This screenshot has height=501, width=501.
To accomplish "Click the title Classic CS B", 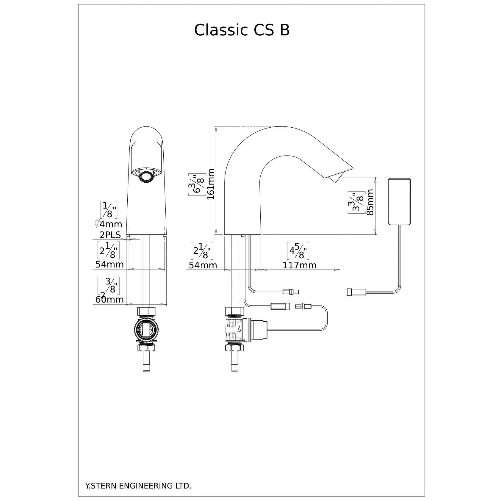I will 242,30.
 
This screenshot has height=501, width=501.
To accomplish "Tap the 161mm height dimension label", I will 211,184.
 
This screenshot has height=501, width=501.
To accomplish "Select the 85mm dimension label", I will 370,202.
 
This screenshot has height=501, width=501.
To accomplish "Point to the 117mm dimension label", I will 299,265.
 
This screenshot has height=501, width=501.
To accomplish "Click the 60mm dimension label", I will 109,299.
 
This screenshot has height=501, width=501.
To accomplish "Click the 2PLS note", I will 110,235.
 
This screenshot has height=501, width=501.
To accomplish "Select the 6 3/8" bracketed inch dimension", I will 197,184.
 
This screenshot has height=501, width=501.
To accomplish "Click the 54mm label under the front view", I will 109,264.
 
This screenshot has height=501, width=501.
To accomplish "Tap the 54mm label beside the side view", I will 203,265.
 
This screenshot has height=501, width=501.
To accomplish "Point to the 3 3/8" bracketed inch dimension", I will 356,203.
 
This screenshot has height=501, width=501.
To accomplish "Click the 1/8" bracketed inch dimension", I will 108,210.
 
